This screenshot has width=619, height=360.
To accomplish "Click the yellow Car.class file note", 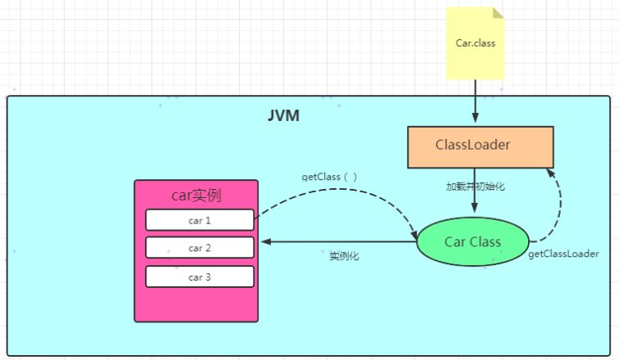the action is click(475, 43).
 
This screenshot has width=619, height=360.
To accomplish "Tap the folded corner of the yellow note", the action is click(499, 12).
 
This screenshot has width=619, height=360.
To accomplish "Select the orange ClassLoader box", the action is click(481, 147).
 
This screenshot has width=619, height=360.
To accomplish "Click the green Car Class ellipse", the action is click(472, 241).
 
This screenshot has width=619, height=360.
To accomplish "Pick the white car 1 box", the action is click(200, 220).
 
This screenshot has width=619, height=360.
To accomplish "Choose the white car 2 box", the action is click(200, 248).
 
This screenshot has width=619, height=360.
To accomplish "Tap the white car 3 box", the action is click(200, 277).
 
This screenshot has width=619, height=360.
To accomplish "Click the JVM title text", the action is click(283, 115).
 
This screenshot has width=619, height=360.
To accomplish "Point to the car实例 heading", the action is click(197, 196).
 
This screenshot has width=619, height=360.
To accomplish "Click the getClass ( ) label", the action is click(329, 177).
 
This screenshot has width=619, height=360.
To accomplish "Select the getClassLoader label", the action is click(563, 254).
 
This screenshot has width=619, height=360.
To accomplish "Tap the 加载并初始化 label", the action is click(475, 187).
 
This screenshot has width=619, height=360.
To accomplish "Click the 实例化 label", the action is click(344, 256).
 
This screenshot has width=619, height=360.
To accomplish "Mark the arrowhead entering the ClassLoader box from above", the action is click(475, 118).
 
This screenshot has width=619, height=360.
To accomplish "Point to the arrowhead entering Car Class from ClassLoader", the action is click(475, 207).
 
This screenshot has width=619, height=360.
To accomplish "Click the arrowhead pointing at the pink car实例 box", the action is click(266, 241).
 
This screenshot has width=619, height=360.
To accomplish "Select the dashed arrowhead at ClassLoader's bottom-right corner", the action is click(551, 173).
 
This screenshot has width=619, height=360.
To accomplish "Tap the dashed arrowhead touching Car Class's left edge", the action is click(414, 234).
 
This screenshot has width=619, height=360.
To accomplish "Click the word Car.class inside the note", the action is click(475, 43).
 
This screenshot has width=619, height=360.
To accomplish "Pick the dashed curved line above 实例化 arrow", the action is click(340, 189).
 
